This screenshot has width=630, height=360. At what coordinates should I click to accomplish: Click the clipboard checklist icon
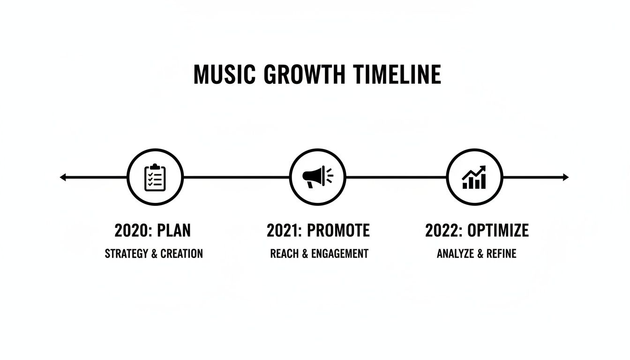pyautogui.click(x=155, y=177)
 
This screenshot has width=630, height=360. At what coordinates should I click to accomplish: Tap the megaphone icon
pyautogui.click(x=317, y=177)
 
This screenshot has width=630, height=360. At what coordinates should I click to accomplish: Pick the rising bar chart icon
pyautogui.click(x=474, y=177)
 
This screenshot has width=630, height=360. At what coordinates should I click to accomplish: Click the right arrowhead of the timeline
pyautogui.click(x=566, y=177)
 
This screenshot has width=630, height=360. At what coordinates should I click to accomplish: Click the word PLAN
pyautogui.click(x=174, y=231)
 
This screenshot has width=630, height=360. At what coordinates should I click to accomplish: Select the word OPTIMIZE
pyautogui.click(x=498, y=231)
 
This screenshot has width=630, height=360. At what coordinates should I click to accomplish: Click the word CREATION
pyautogui.click(x=181, y=254)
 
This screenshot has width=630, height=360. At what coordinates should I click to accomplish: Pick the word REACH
pyautogui.click(x=284, y=254)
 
